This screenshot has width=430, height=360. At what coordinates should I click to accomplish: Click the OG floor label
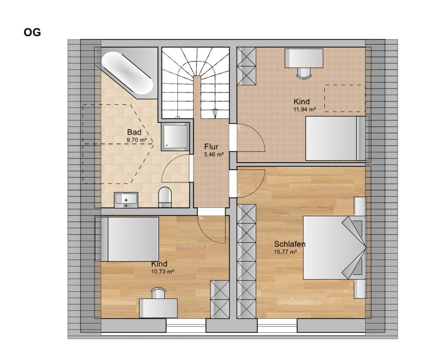tap(32, 32)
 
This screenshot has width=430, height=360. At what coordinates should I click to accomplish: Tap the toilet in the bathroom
tap(165, 197)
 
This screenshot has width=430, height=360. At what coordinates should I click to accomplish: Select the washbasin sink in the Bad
tap(126, 200)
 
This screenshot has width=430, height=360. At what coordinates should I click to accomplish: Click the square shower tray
tap(176, 136)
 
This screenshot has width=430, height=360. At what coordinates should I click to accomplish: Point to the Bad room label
tap(134, 132)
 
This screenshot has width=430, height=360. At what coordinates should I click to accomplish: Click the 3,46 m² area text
tap(214, 155)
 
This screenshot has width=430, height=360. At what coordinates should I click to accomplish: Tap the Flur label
tap(211, 147)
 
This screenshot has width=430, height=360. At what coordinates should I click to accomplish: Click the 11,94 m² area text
tap(305, 109)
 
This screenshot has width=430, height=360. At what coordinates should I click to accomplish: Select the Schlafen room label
tap(290, 244)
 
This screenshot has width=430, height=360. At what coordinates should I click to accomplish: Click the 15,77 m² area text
tap(286, 252)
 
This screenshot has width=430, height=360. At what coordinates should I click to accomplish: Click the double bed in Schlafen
tap(335, 247)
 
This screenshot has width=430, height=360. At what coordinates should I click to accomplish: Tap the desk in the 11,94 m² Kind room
tap(304, 58)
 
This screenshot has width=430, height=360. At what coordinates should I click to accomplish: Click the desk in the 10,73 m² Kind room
tap(158, 308)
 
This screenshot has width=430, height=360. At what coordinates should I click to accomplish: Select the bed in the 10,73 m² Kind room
tap(127, 239)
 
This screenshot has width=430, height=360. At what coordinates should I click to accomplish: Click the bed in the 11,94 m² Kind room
tap(337, 138)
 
